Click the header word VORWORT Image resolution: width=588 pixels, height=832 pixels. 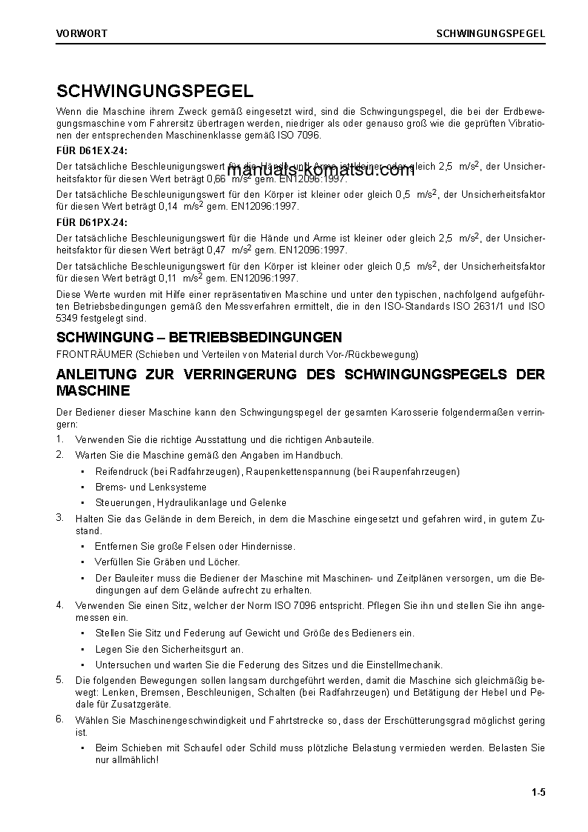pos(81,33)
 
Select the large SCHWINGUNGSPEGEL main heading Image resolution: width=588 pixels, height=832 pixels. pos(155,91)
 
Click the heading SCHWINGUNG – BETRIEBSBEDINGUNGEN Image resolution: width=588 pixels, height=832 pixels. pos(199,337)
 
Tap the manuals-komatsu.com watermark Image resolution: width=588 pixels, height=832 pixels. pos(321,170)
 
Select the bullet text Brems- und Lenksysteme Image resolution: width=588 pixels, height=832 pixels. pos(151,487)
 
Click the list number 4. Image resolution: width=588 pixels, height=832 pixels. pos(60,605)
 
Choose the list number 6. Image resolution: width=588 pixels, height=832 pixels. pos(60,719)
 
